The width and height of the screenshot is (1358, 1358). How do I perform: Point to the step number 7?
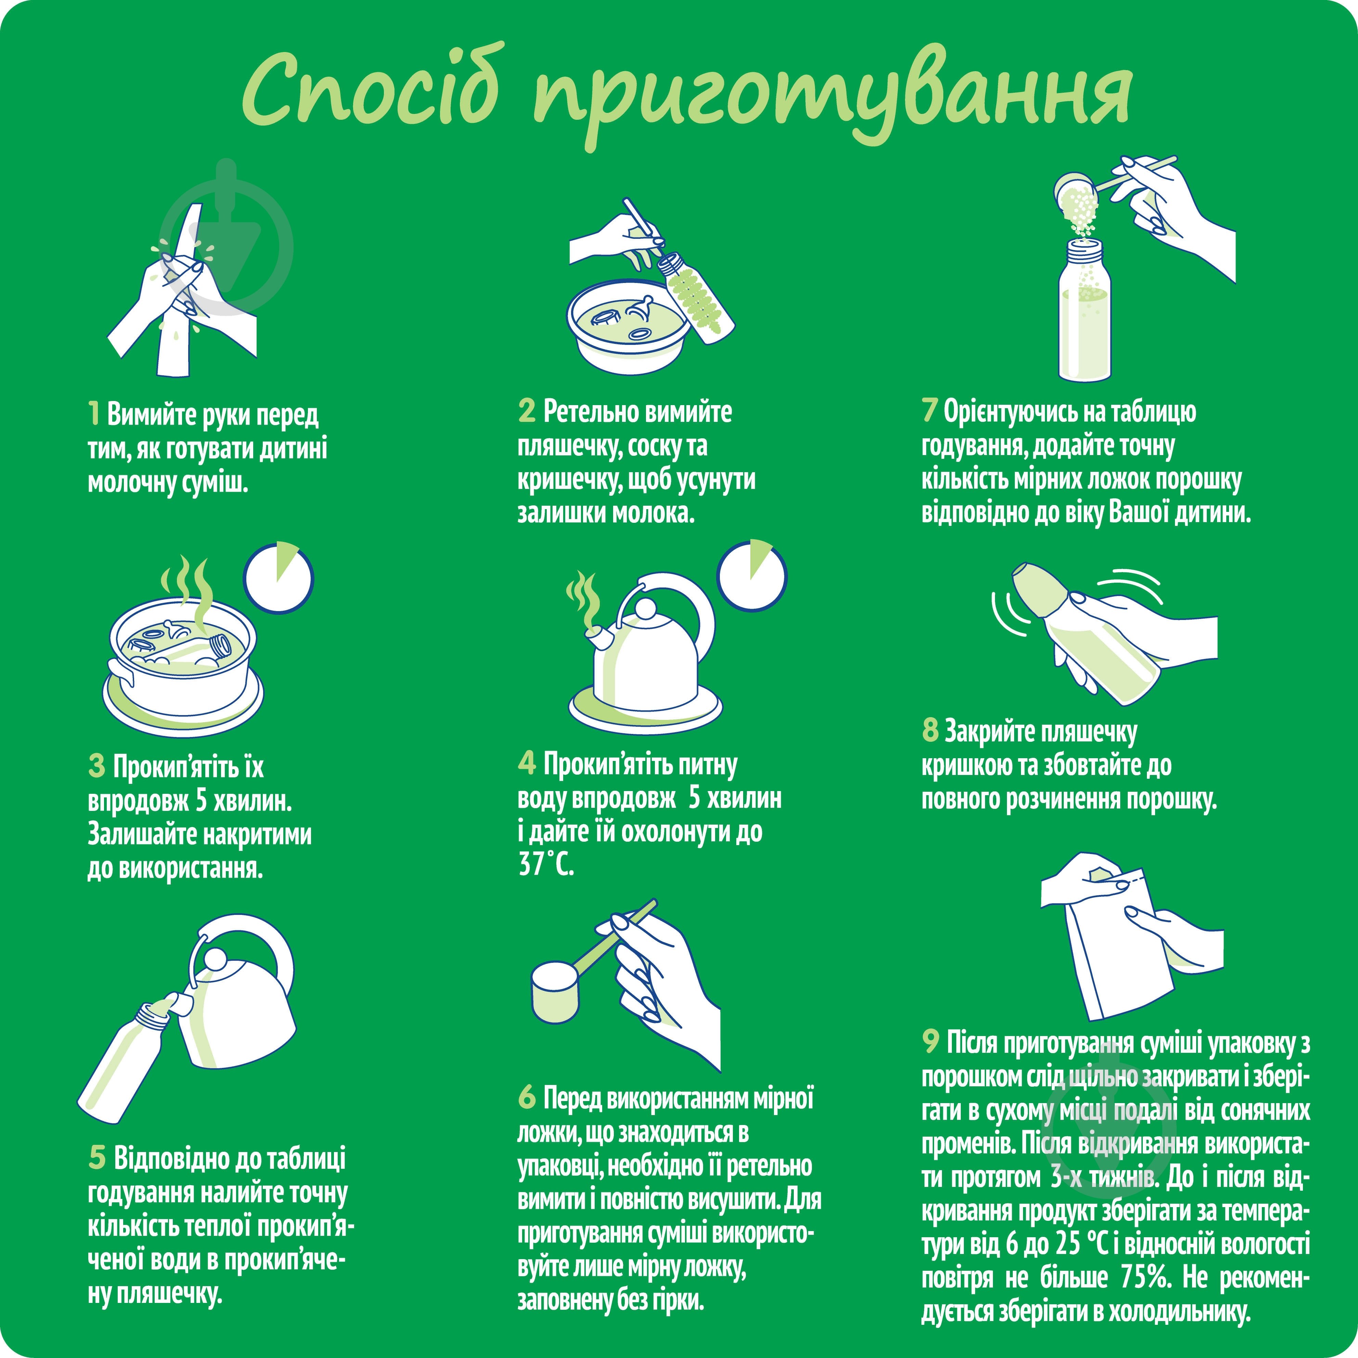(x=930, y=411)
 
